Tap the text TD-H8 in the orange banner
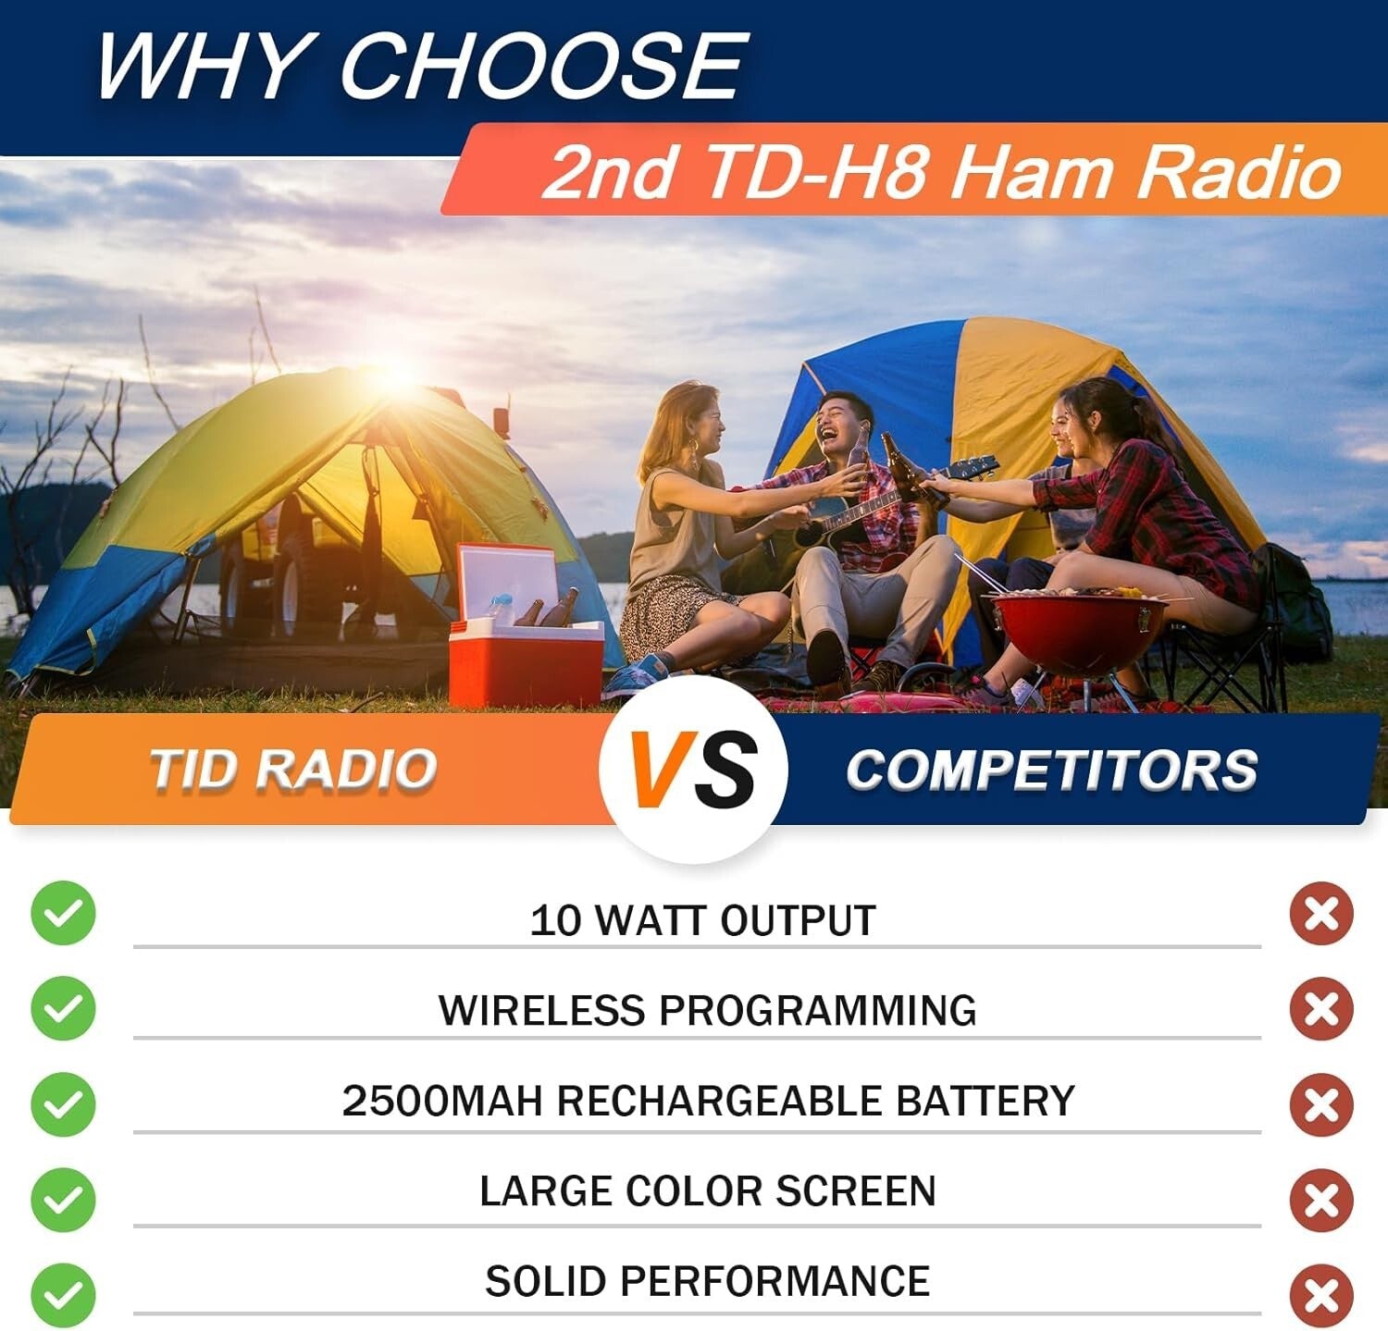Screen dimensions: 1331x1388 [x=814, y=172]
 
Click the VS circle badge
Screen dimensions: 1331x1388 [x=692, y=770]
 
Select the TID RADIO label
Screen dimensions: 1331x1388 [x=292, y=770]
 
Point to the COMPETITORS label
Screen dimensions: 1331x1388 [x=1051, y=770]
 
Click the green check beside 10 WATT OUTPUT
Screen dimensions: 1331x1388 [x=63, y=914]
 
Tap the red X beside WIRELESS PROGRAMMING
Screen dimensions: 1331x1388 [x=1321, y=1008]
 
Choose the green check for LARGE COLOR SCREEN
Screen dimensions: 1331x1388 [x=63, y=1200]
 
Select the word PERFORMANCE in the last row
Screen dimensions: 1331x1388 [x=774, y=1282]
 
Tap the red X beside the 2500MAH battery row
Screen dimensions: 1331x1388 [x=1321, y=1104]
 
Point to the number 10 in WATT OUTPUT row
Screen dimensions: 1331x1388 [x=554, y=920]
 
